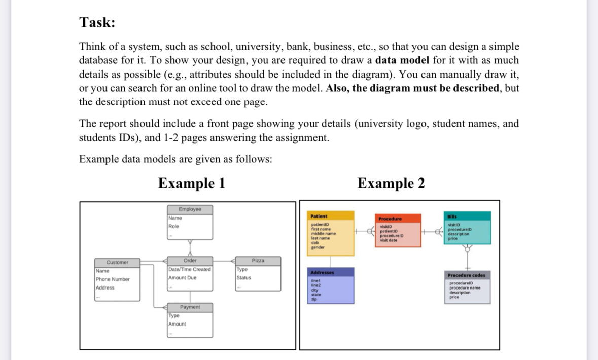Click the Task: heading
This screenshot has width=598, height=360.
pos(97,22)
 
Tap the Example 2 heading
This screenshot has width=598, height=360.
pos(391,183)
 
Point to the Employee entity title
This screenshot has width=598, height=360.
pos(190,209)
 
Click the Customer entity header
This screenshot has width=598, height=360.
pos(117,262)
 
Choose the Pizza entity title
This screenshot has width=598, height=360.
pos(258,261)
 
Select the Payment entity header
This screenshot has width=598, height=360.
pos(190,307)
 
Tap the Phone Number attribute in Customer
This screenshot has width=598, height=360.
pos(113,279)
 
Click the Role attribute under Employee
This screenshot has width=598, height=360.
pos(173,226)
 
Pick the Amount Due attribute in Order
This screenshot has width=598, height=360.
pos(182,278)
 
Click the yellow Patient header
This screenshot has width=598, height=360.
pos(319,216)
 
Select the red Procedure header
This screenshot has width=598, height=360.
pos(391,219)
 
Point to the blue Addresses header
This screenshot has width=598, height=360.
pos(322,272)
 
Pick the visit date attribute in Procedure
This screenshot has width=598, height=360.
pos(390,240)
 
